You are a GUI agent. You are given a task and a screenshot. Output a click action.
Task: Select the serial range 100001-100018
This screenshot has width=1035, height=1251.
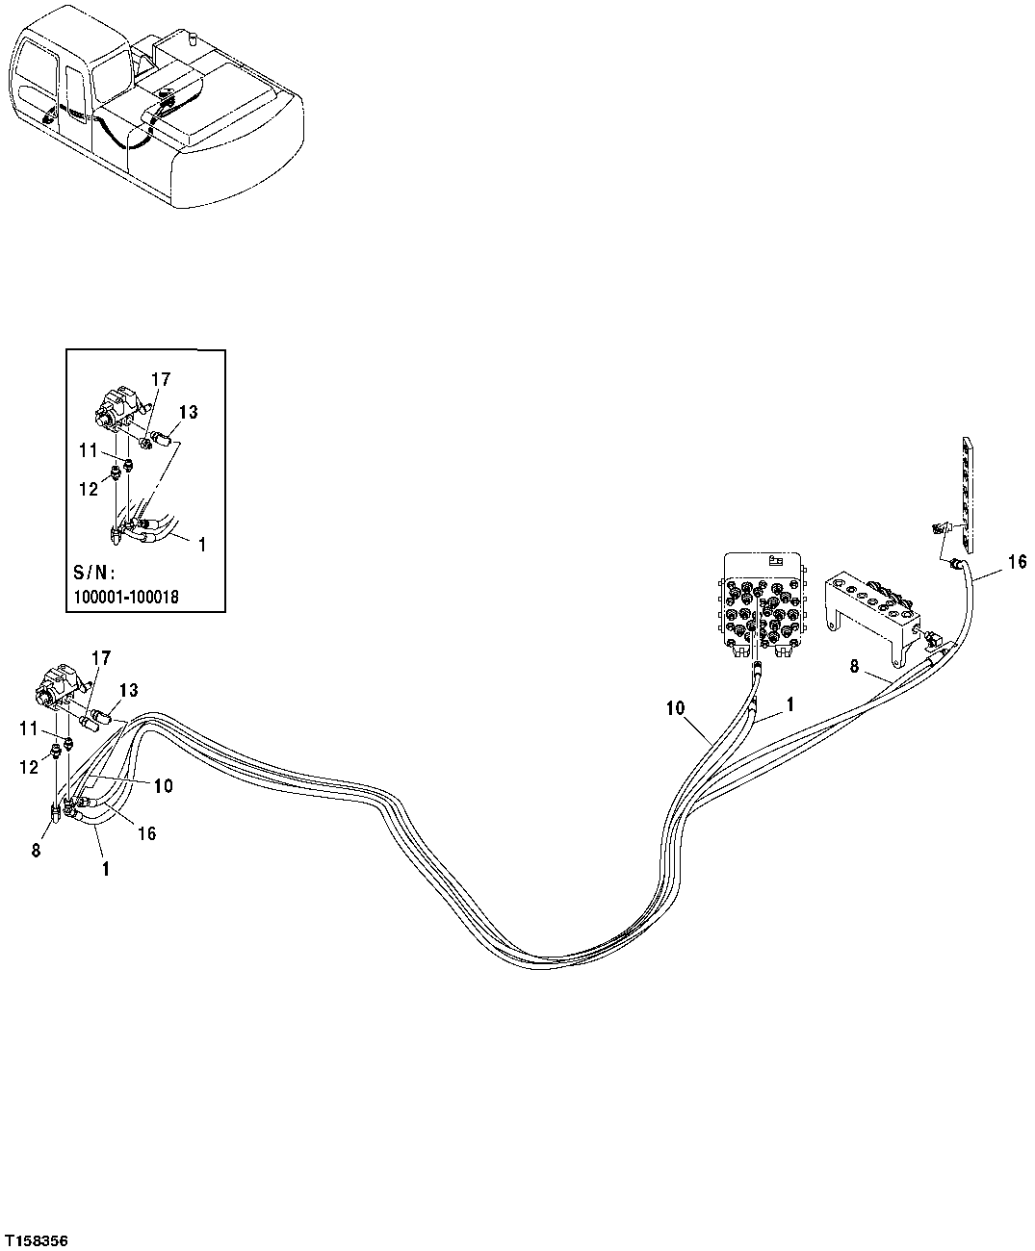[126, 597]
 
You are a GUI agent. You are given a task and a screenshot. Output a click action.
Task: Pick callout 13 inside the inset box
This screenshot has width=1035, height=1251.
[189, 413]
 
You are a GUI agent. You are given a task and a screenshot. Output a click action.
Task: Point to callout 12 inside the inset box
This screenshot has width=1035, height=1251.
[89, 489]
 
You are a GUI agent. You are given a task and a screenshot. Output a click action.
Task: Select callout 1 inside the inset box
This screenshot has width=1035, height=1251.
[201, 545]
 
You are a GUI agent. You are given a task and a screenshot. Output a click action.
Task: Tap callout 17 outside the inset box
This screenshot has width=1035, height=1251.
[100, 657]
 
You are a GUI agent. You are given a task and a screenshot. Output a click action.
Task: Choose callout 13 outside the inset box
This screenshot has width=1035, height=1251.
[128, 690]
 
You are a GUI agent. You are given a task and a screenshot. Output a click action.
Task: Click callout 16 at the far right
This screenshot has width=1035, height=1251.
[1018, 563]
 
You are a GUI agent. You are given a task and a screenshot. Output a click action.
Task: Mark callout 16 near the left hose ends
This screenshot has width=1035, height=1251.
[146, 833]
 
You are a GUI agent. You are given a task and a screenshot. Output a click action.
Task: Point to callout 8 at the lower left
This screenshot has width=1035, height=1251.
[38, 850]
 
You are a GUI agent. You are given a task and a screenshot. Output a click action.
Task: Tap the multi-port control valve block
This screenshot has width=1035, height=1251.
[763, 606]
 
